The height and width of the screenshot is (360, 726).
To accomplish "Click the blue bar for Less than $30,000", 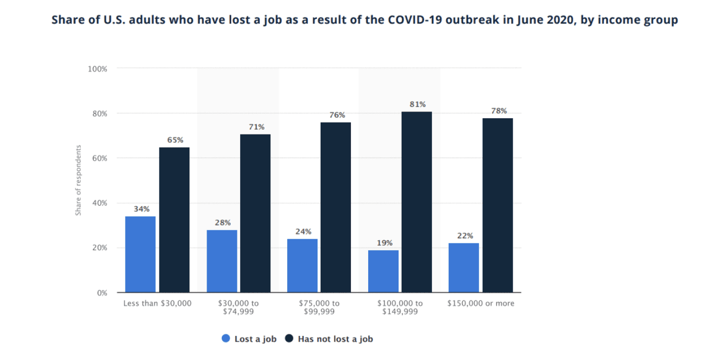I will tap(140, 254).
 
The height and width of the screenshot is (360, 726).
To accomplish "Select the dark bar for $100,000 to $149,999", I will tap(417, 202).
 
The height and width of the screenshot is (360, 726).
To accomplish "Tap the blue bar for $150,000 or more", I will tap(463, 267).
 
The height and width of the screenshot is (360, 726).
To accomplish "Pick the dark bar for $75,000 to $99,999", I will tap(335, 207).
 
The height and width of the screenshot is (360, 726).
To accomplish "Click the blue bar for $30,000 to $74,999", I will tap(222, 261).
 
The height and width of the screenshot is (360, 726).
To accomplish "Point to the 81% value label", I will tap(417, 104).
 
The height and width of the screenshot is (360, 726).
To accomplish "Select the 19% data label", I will tap(384, 243).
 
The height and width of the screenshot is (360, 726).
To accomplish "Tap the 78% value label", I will tap(498, 111).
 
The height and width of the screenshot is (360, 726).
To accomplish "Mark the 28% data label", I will tap(222, 222).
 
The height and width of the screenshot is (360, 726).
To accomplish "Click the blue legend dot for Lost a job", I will tap(226, 339).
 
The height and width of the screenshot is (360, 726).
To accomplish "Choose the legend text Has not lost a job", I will tap(335, 339).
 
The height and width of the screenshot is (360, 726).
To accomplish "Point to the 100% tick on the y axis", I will tap(98, 69).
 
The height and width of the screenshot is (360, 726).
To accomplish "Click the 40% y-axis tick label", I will tap(99, 203).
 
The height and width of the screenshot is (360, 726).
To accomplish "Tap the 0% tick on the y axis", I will tap(102, 292).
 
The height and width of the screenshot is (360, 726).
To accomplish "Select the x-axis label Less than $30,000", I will tap(157, 303).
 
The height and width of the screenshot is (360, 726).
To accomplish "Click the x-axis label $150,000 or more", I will tap(481, 303).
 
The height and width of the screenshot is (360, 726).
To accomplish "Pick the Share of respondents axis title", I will tap(78, 180).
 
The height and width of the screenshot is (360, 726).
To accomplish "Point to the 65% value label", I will tap(175, 140).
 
